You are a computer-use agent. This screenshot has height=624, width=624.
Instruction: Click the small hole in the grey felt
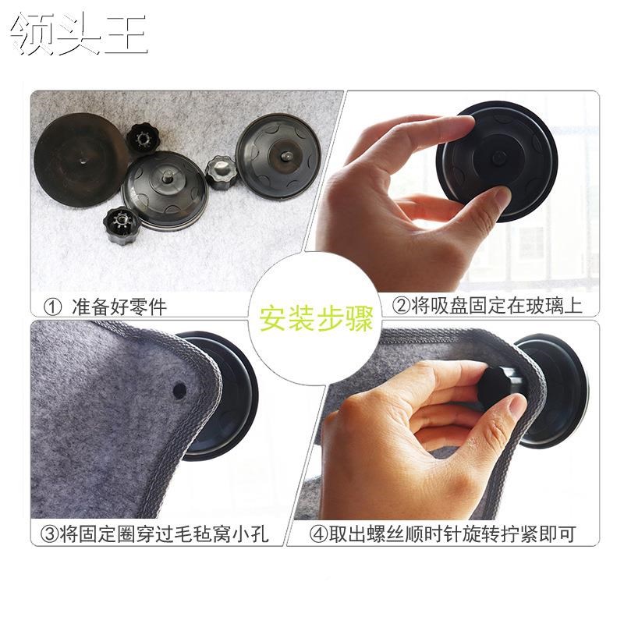pos(179,388)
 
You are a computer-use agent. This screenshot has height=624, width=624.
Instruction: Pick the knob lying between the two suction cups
pos(218,168)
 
